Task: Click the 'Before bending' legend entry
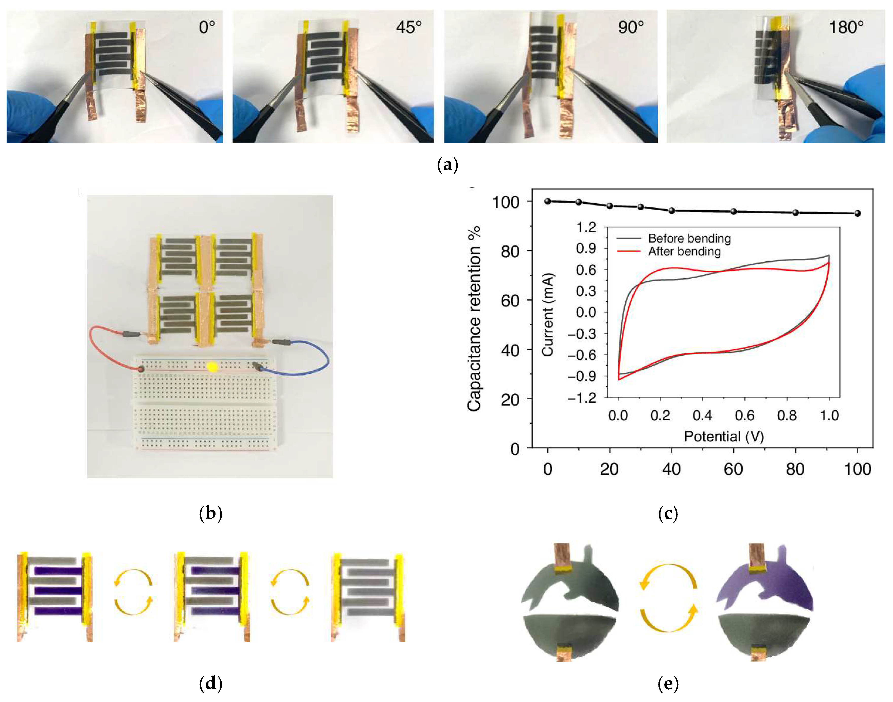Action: [x=689, y=238]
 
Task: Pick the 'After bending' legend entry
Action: [x=684, y=251]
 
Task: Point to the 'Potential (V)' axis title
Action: [x=724, y=436]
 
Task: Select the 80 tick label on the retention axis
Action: [x=510, y=251]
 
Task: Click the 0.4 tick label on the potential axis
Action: [x=702, y=416]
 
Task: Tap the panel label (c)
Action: [x=668, y=513]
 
